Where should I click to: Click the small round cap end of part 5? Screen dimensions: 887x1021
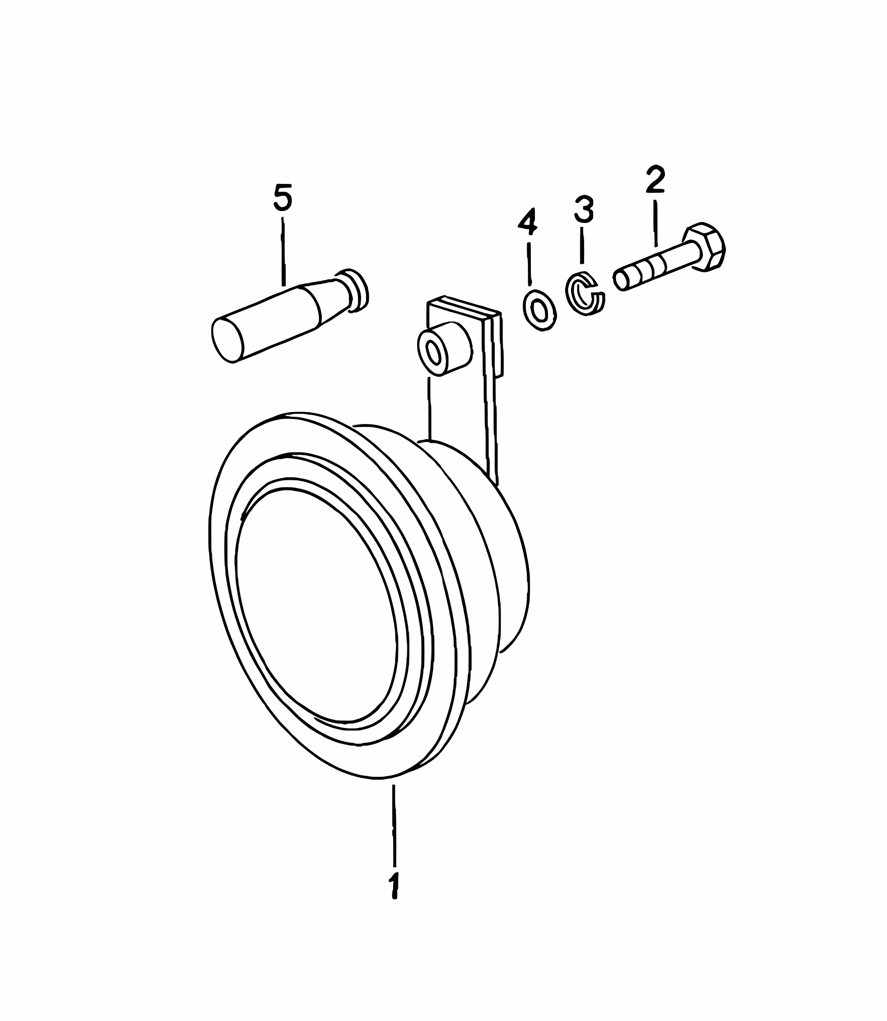(355, 291)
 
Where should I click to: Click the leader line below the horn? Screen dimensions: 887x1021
(394, 826)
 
